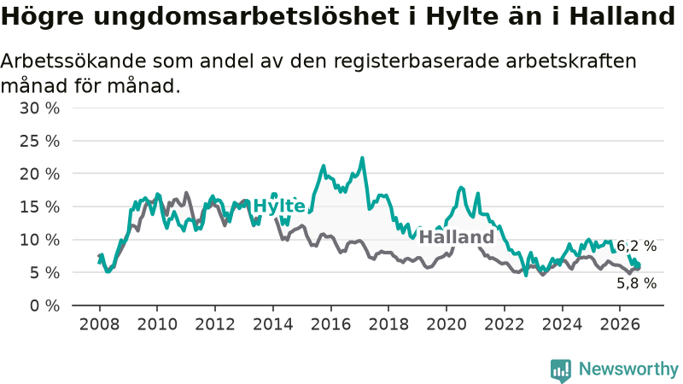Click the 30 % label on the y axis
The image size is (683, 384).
pos(39,108)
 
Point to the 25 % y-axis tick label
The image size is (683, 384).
pos(39,141)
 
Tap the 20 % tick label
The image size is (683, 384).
pos(39,174)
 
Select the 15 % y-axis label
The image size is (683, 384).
pos(39,207)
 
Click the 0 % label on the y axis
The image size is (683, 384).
pos(45,305)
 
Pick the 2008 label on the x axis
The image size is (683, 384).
pos(99,324)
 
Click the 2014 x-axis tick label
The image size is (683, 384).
pos(273,324)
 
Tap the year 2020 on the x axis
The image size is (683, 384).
pos(447,324)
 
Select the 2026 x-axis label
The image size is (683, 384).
pos(620,324)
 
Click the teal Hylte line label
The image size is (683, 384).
pos(279,206)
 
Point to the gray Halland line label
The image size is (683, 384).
pos(457,237)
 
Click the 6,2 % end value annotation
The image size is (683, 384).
pos(636,246)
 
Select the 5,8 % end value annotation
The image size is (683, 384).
pos(636,283)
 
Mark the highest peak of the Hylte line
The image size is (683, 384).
pos(362,158)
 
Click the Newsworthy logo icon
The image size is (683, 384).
pos(561,370)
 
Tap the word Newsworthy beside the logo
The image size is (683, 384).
pos(628,369)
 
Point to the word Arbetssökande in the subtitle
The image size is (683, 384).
pos(73,61)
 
